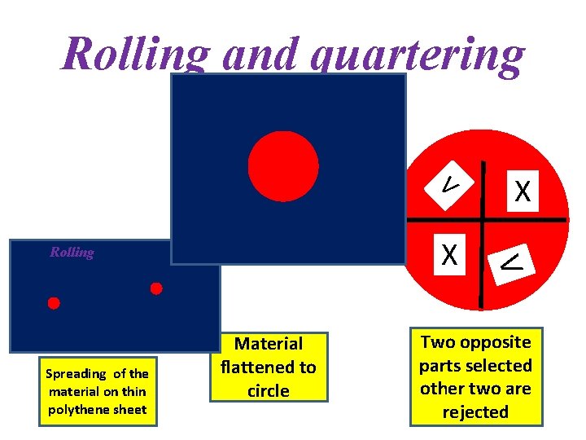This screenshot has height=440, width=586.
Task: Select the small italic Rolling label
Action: click(x=72, y=252)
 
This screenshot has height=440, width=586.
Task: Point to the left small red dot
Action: click(x=54, y=303)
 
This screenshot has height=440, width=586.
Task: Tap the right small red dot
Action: click(x=156, y=288)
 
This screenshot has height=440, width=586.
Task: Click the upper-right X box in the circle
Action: click(x=523, y=192)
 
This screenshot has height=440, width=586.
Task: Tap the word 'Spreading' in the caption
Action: click(x=77, y=374)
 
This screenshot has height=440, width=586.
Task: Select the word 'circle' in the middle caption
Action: click(x=269, y=391)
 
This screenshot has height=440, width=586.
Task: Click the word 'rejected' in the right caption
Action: click(x=475, y=411)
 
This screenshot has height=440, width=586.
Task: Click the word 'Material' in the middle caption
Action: click(x=269, y=344)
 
